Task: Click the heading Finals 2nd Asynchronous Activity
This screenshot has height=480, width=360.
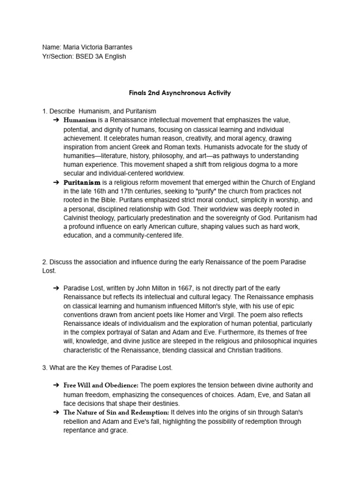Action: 180,93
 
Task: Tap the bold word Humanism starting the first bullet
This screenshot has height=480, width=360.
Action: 80,120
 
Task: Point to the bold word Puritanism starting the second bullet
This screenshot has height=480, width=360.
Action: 82,182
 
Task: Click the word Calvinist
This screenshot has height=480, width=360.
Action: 78,218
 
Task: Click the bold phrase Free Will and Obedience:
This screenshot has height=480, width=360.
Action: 101,385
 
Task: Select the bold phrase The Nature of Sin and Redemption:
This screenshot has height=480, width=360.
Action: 116,412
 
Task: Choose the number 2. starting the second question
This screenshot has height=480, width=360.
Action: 45,262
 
